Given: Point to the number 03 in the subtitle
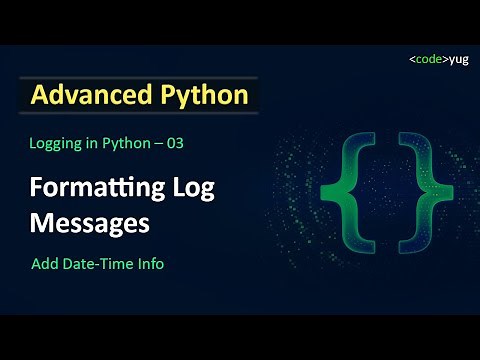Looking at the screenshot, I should point(175,143).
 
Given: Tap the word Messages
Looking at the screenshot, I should point(90,221).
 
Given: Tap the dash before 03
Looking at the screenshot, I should point(155,143).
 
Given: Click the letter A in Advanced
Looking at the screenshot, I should point(39,96).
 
